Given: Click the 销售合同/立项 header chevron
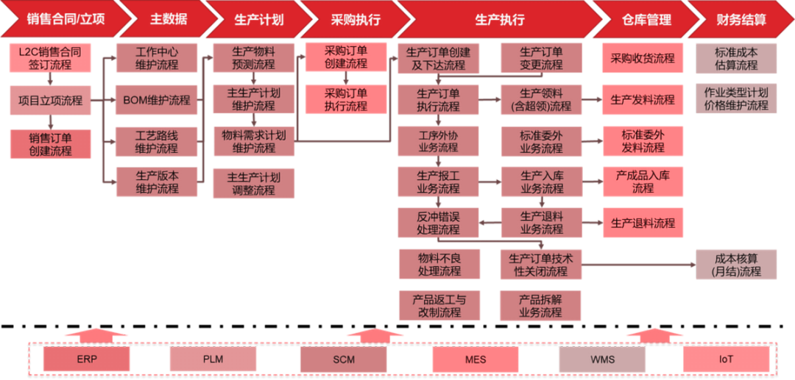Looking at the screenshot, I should coord(56,20).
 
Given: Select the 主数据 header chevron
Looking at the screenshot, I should coord(167,20).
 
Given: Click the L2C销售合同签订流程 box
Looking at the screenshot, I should coord(50,58).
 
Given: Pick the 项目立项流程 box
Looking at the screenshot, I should coord(50,101).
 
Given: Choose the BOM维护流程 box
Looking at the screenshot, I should coord(157,101).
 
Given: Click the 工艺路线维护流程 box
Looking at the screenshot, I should coord(157,142).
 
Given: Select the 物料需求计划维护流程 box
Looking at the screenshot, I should coord(254,142).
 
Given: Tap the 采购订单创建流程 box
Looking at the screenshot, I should coord(346,58).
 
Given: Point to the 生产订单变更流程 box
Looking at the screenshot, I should coord(541,58).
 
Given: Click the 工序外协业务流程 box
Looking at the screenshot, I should coord(438,142).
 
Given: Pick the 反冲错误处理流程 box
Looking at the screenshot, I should coord(438,223).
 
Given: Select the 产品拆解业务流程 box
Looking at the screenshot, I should coord(541,306).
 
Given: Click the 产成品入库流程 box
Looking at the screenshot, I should coord(643,182).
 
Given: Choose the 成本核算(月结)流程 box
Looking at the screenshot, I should coord(736,265).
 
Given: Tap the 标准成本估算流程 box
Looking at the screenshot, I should coord(736,58).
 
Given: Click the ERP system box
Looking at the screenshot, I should coord(86,359).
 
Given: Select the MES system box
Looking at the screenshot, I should coord(476,359).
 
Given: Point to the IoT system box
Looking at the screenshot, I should coord(726,359).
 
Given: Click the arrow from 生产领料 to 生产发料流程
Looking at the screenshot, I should coord(592,100).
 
